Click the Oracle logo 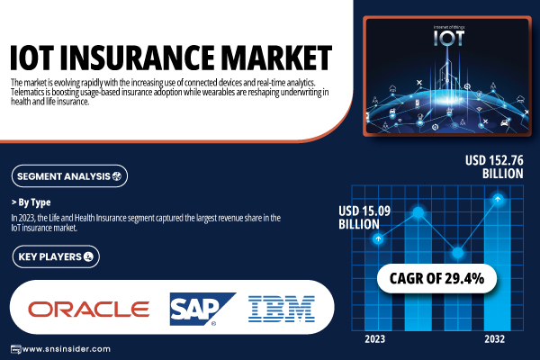tap(88, 309)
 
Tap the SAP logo tap(202, 309)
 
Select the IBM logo tap(282, 309)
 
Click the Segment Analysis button tap(69, 176)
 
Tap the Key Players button tap(56, 256)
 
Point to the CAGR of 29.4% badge tap(436, 278)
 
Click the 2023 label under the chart tap(374, 339)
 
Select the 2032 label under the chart tap(494, 339)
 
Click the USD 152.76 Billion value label tap(494, 166)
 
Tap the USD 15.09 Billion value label tap(364, 218)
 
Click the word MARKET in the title tap(276, 58)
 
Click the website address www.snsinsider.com tap(66, 349)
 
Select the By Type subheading tap(31, 202)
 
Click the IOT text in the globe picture tap(449, 38)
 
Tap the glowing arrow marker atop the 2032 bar tap(498, 199)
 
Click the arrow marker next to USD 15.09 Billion tap(378, 238)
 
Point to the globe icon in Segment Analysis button tap(117, 176)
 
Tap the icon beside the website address tap(16, 349)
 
